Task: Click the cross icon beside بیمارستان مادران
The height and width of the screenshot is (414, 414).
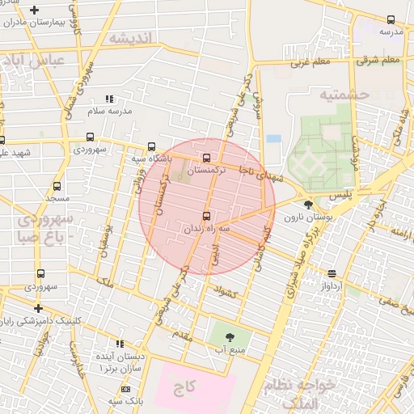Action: [34, 11]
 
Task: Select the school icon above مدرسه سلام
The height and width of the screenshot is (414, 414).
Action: [110, 99]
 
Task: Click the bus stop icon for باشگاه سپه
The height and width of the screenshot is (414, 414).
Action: [151, 146]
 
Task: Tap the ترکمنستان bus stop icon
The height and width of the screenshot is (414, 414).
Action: [207, 157]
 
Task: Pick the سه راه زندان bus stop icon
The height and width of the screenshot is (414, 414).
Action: [206, 215]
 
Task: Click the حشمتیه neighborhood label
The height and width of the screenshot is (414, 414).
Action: [344, 95]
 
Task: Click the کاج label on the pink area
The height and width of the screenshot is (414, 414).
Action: [185, 387]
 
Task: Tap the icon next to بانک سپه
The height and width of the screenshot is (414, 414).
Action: [125, 389]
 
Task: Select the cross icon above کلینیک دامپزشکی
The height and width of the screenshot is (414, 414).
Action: [37, 307]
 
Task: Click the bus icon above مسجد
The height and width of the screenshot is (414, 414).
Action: [57, 186]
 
